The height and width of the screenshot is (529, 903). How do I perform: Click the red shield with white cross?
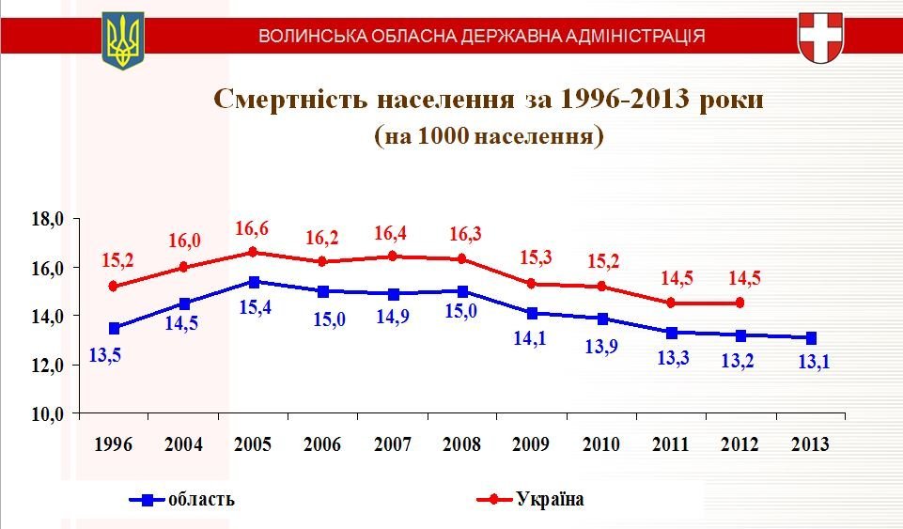pos(819,38)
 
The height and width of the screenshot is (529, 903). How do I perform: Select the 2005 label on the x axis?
pos(254,444)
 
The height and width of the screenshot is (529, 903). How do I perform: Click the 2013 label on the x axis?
pos(810,444)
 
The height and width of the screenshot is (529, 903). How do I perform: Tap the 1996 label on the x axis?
pos(114,444)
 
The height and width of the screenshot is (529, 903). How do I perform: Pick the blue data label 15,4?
pos(254,307)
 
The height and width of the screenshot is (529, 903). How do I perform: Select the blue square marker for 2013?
pos(810,338)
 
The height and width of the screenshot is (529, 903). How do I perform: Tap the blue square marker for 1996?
pos(115,328)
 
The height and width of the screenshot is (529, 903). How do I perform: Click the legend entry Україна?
pos(550,499)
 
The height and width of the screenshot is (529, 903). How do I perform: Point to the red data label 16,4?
pos(393,233)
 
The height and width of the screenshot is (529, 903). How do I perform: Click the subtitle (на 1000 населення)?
pos(489,136)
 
